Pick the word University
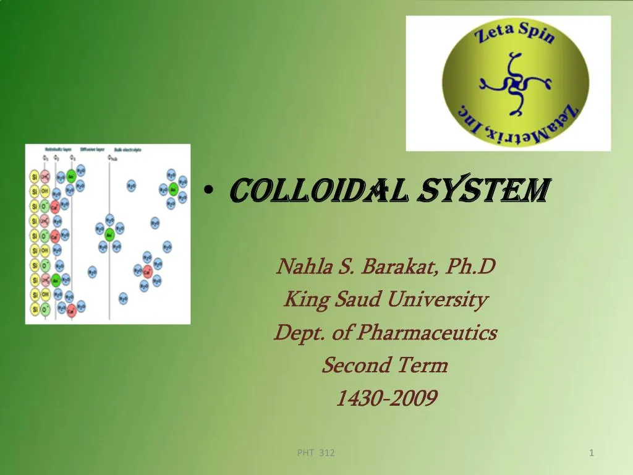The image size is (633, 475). point(438,300)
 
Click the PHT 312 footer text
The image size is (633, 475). point(316,453)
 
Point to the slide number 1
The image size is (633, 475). point(592,453)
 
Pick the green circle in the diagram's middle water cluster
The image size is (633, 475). point(109,234)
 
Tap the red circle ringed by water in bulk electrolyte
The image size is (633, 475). point(147,270)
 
